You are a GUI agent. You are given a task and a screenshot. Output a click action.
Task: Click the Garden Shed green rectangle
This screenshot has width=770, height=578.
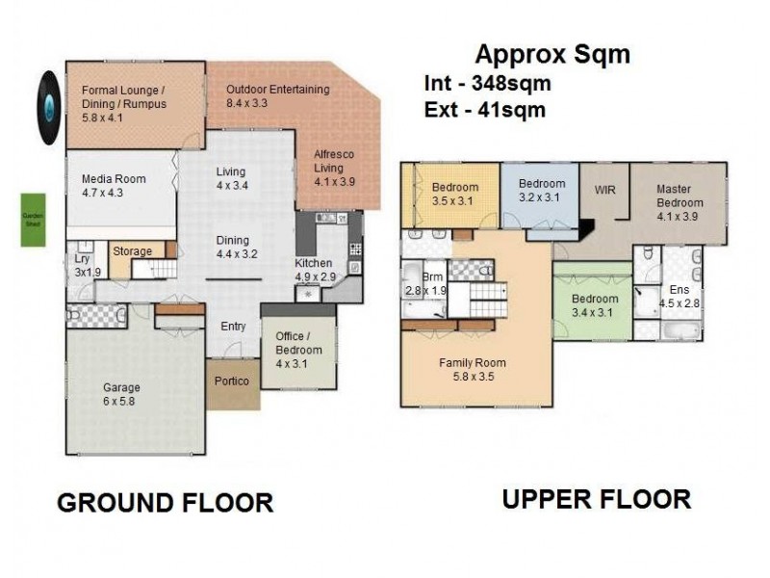(34, 220)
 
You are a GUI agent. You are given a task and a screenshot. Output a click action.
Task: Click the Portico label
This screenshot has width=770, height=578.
(232, 381)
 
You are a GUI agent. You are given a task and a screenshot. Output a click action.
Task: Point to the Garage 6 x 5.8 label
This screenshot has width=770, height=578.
(122, 395)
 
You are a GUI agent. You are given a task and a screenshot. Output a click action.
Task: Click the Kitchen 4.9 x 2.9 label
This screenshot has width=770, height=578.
(314, 270)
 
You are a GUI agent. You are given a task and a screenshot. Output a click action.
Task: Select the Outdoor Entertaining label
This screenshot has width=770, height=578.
(277, 95)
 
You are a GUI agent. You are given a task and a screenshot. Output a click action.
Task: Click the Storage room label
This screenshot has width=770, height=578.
(132, 252)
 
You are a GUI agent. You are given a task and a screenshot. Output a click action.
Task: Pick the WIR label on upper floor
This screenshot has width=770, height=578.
(605, 191)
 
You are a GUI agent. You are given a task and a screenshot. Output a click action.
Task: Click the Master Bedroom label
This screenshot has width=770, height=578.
(680, 202)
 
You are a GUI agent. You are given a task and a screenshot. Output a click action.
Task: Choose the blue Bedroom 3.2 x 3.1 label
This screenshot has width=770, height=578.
(542, 191)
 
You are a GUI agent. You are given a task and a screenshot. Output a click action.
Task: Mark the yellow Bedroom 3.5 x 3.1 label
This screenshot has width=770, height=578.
(454, 194)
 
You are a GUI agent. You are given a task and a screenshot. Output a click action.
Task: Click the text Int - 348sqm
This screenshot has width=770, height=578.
(487, 84)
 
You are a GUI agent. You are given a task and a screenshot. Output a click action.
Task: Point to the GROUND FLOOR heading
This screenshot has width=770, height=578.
(165, 503)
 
